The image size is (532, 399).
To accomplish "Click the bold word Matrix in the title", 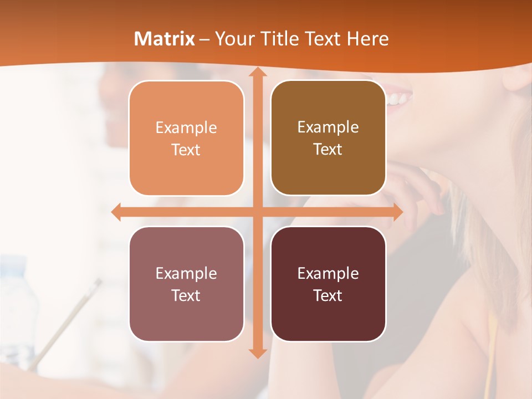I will coord(165,39).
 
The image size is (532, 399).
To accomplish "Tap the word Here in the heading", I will coord(367,39).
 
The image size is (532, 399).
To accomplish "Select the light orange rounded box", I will coord(186,138).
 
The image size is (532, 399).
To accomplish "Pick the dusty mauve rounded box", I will coord(186,284).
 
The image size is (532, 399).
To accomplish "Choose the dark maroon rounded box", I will coord(328,284).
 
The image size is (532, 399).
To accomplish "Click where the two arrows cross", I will coord(257,212).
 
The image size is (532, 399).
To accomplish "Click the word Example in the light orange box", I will coord(186,128).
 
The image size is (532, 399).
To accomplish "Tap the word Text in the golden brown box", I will coord(328,149).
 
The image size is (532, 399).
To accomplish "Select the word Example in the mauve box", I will coord(186,274).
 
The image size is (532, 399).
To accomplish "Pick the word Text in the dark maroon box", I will coord(328,295).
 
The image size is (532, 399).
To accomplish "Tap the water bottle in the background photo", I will coord(17,310).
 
